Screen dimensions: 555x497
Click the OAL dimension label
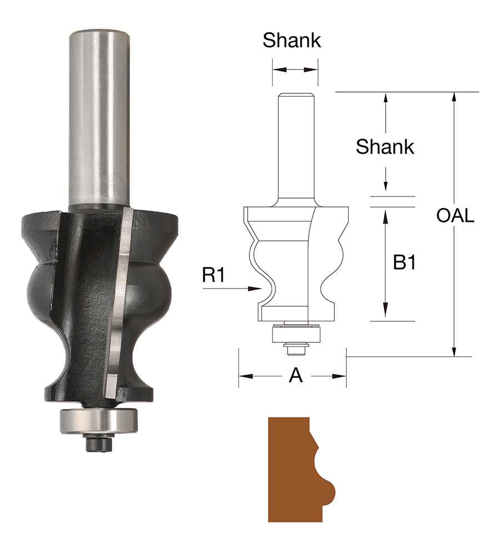[x=455, y=216]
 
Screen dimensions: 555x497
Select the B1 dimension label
[x=404, y=263]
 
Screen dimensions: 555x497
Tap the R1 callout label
[x=213, y=275]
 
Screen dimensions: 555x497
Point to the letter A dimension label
[x=296, y=376]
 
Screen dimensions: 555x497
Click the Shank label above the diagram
[x=292, y=41]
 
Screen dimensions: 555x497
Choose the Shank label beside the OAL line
[x=385, y=147]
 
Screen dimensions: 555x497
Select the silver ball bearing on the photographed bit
[x=98, y=421]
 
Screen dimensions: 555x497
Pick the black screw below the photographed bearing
[x=98, y=443]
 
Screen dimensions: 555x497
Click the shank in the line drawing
[x=295, y=144]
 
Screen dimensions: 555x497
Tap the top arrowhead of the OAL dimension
[x=454, y=95]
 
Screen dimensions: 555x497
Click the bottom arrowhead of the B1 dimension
[x=385, y=316]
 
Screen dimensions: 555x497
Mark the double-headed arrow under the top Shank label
[x=295, y=70]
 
